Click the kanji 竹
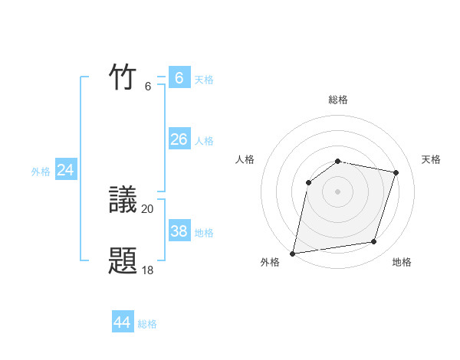coord(123,77)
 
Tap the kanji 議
coord(123,199)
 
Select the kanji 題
coord(123,261)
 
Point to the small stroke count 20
coord(147,208)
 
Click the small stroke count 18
coord(147,270)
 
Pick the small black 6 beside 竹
coord(148,87)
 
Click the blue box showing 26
coord(179,139)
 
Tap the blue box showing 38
coord(179,231)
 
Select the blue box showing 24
coord(66,170)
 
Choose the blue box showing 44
coord(123,322)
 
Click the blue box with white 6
coord(179,78)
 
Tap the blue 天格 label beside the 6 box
coord(204,80)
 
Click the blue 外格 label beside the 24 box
coord(41,172)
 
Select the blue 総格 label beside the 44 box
coord(147,325)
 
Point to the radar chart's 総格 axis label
coord(338,100)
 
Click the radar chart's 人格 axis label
coord(245,159)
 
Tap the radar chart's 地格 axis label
coord(402,262)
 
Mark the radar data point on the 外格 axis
coord(293,253)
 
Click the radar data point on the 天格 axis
coord(396,172)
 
